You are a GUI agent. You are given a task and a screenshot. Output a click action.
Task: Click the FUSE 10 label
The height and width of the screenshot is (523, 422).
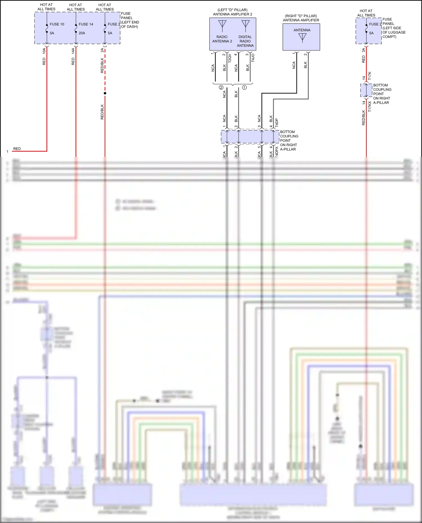point(57,24)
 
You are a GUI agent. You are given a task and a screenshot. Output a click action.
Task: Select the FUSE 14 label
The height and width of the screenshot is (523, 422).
point(86,24)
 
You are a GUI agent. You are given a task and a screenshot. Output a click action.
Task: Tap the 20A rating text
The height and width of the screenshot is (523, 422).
point(82,33)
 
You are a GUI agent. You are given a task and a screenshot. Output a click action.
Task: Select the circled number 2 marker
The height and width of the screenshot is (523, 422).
point(221,88)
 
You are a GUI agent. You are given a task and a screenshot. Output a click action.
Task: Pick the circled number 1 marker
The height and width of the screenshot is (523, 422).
point(244,88)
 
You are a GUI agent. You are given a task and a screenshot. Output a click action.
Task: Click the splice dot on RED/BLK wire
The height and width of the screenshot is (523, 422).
point(105,93)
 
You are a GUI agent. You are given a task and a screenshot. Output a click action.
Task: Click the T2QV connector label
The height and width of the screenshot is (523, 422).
point(230,58)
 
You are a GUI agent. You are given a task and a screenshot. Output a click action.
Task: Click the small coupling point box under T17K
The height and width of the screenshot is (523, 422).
point(366,90)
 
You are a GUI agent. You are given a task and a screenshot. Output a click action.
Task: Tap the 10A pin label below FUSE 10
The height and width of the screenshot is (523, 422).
point(44,51)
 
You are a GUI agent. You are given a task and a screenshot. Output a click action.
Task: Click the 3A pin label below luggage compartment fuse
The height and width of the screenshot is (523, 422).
point(363,50)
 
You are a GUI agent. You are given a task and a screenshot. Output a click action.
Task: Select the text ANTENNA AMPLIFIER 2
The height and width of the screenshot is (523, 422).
point(232,14)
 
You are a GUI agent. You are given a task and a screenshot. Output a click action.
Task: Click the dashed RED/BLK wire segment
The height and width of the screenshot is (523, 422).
point(105,70)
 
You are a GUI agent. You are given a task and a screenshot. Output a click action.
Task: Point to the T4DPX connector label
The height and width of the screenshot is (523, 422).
point(277,151)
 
